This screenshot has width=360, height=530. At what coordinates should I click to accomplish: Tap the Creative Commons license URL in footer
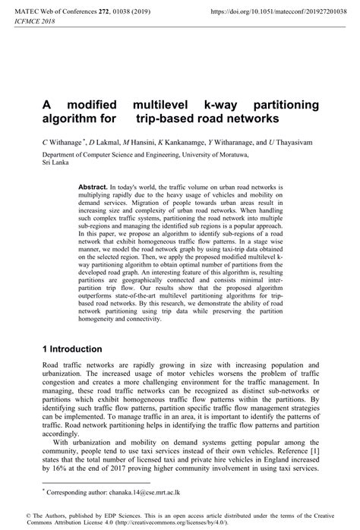tap(173, 523)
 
